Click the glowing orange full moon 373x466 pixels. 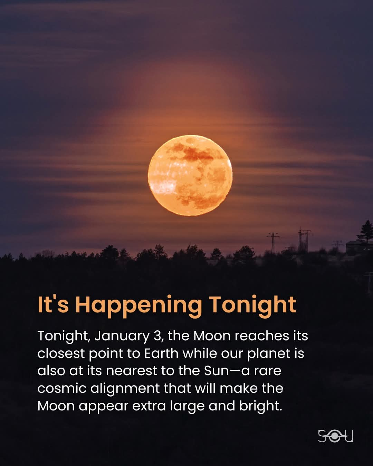190,175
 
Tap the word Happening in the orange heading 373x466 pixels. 138,306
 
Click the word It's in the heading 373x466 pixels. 53,304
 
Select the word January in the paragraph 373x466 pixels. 122,337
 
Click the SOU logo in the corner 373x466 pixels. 335,436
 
